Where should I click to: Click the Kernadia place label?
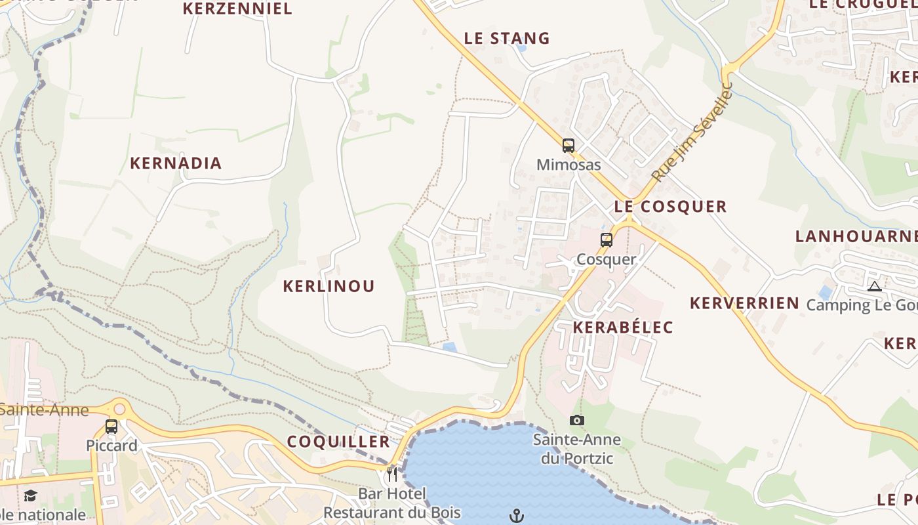[x=176, y=163]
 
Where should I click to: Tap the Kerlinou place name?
[x=329, y=286]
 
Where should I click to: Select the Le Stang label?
[x=507, y=39]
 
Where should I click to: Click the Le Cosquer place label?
[x=670, y=207]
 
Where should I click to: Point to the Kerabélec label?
[x=623, y=327]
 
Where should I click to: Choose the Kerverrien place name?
[x=744, y=303]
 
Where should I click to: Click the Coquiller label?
[x=338, y=442]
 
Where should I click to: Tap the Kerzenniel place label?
[x=237, y=9]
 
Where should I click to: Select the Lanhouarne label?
[x=856, y=236]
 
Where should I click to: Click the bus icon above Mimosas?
[x=569, y=146]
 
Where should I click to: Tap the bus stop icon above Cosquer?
[x=607, y=240]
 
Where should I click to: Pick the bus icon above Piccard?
[x=111, y=427]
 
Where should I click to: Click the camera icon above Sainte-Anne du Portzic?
[x=577, y=421]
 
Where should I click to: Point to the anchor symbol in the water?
[x=517, y=516]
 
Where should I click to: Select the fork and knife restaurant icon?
[x=392, y=474]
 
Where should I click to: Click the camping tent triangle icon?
[x=874, y=286]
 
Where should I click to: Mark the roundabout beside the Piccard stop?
[x=119, y=408]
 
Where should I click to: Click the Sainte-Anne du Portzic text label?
[x=577, y=449]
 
